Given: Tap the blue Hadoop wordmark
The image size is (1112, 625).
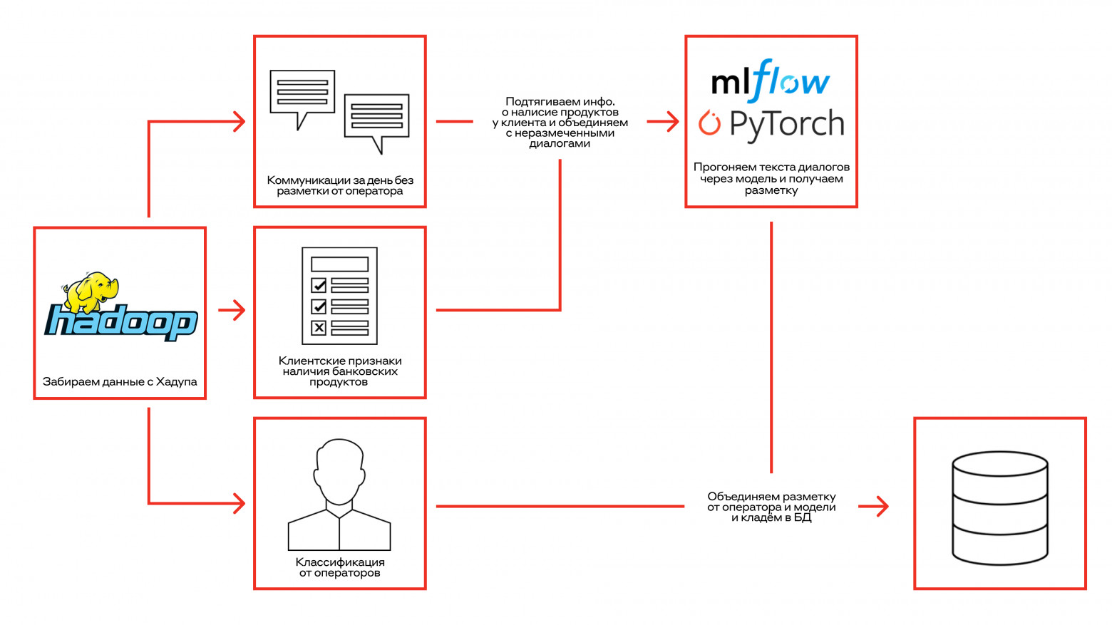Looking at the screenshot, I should click(121, 322).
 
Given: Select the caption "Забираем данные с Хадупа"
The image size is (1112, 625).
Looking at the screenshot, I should click(120, 382).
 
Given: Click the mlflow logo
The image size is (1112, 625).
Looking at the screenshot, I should click(771, 81).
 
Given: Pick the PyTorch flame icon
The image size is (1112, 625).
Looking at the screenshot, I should click(709, 123).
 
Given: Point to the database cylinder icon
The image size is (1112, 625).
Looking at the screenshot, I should click(999, 507).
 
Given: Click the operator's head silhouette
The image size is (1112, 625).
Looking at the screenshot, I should click(339, 471).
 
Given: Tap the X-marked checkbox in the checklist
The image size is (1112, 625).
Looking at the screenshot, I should click(319, 328).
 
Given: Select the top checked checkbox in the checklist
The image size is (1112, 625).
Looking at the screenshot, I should click(319, 285).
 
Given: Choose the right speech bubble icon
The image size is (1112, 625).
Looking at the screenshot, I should click(376, 118).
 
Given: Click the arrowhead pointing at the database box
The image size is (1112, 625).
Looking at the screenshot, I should click(881, 507).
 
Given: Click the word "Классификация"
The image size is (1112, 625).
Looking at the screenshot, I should click(340, 562).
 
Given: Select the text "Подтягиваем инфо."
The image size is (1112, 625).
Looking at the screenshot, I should click(560, 101).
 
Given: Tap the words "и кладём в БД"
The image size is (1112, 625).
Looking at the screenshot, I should click(771, 517).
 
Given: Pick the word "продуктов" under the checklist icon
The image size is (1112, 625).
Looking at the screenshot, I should click(339, 382).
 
